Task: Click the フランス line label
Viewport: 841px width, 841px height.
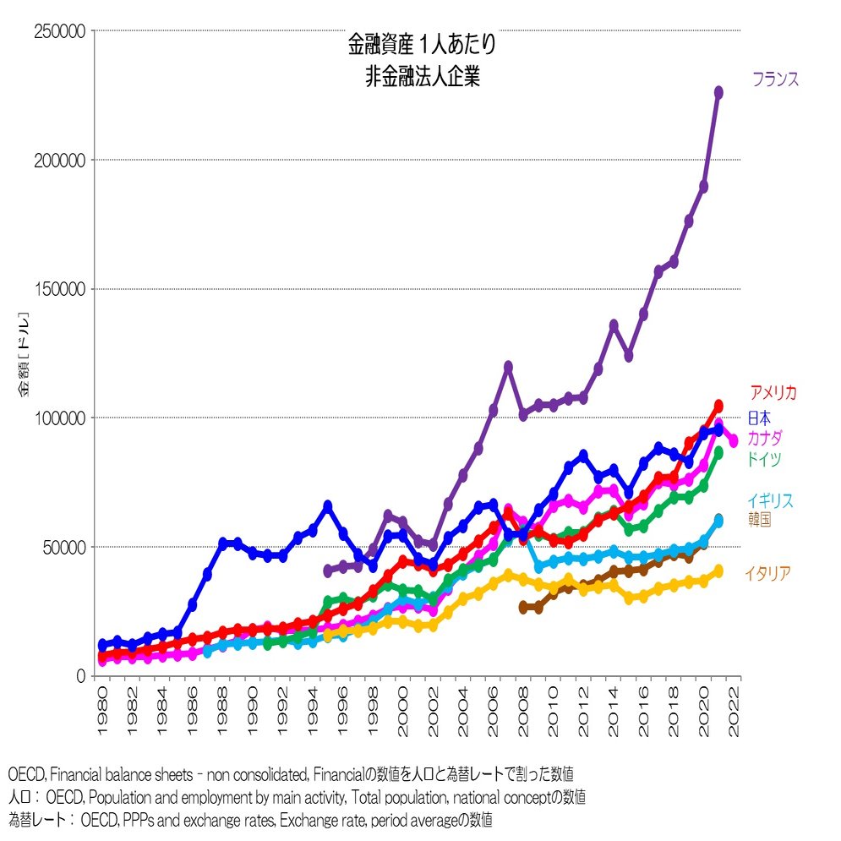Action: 775,80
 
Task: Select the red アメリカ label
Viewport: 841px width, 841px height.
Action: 773,393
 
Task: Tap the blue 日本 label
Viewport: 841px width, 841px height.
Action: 758,418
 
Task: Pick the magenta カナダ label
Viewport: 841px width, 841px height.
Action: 764,439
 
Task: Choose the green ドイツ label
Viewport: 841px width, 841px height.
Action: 762,460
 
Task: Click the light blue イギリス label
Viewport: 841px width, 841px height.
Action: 769,500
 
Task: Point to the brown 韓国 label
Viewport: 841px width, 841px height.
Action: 759,520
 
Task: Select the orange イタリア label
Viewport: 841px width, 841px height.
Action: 767,574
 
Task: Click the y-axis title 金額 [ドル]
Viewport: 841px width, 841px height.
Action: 25,355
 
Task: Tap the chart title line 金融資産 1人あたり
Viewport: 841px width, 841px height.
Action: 422,44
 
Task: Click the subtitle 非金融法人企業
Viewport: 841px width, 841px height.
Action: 422,76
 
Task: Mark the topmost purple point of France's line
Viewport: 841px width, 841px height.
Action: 718,92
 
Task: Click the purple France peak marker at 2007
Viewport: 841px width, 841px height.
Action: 508,367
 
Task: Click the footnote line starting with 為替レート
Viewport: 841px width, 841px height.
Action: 250,819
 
